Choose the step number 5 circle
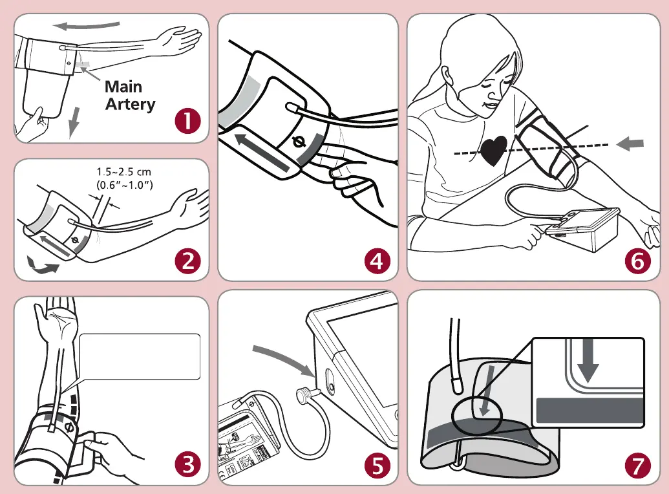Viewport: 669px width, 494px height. click(377, 464)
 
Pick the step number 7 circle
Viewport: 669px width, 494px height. click(638, 464)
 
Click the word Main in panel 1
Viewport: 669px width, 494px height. click(123, 87)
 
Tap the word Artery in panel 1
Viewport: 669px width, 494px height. click(130, 103)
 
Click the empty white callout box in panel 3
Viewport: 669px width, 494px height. click(140, 356)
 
